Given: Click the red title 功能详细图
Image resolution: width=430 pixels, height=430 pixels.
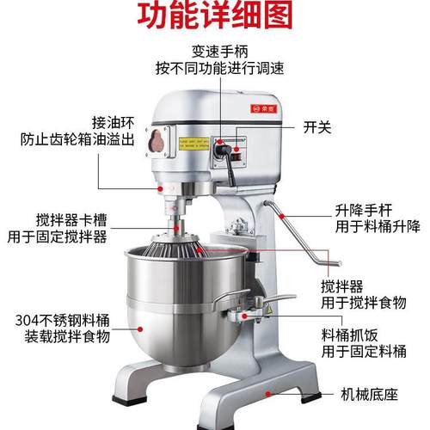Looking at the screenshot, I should click(x=215, y=17).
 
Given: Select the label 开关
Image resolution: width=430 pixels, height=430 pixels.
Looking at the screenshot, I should click(x=318, y=126).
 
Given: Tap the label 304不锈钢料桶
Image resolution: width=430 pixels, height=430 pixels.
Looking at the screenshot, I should click(x=59, y=319).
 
